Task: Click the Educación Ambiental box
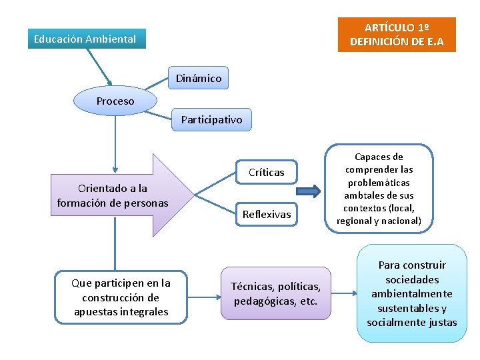pos(85,39)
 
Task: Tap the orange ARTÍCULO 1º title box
pos(397,35)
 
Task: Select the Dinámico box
pos(198,79)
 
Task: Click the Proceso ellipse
pos(115,101)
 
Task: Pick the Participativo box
pos(211,120)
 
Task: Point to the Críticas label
pos(266,173)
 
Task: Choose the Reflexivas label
pos(267,214)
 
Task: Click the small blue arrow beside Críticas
pos(308,192)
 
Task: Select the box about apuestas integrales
pos(121,297)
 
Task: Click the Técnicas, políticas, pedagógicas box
pos(275,293)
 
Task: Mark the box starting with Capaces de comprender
pos(379,189)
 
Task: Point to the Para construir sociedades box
pos(411,293)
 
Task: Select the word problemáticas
pos(379,182)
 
